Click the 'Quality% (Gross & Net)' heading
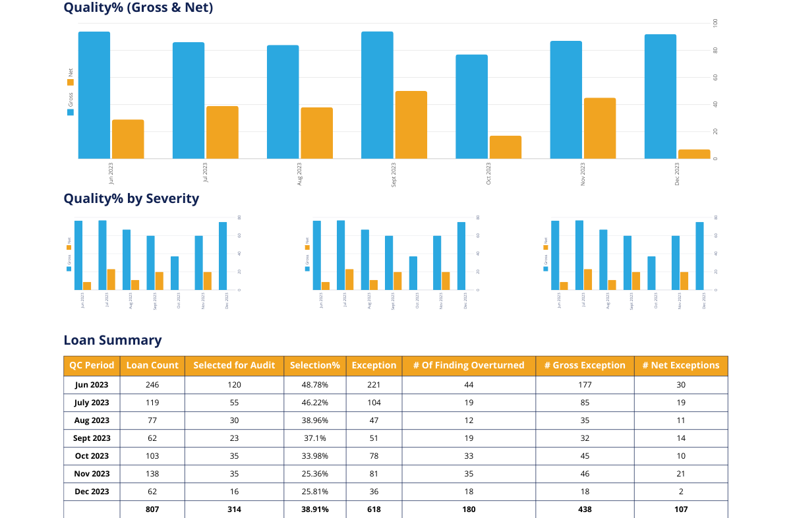[x=138, y=8]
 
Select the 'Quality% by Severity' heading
[x=131, y=198]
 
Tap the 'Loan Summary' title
[x=113, y=340]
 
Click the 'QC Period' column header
[x=92, y=365]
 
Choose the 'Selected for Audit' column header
[x=234, y=365]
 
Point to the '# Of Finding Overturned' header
[x=469, y=365]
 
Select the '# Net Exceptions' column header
[x=680, y=365]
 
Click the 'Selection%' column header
[x=314, y=365]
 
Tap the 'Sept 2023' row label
[x=92, y=438]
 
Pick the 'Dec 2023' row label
[x=92, y=492]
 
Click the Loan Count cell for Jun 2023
[x=152, y=385]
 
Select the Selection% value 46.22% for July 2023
[x=314, y=403]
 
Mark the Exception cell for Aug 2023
[x=374, y=420]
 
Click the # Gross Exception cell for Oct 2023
[x=585, y=456]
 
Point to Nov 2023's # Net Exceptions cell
[x=680, y=474]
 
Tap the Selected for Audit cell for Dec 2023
[x=234, y=492]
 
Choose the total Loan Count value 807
[x=152, y=509]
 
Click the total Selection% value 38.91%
[x=314, y=509]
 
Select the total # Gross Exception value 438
[x=585, y=509]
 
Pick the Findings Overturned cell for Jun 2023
[x=469, y=385]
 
